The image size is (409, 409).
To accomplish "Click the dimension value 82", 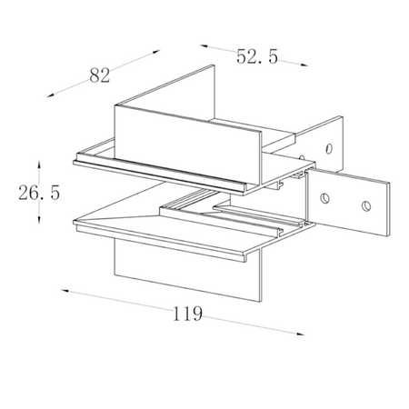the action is (100, 75).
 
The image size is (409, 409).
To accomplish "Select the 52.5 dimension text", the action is (257, 56).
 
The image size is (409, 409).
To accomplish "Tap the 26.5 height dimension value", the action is (39, 193).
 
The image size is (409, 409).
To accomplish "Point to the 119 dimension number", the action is (187, 314).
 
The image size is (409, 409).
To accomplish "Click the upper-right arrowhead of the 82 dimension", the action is (156, 52).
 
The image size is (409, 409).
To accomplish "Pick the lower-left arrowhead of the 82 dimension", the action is (50, 95).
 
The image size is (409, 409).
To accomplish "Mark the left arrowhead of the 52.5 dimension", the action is (204, 46).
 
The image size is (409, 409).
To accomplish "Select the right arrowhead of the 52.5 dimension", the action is (304, 65).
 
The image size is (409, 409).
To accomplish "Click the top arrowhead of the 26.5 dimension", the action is (39, 165).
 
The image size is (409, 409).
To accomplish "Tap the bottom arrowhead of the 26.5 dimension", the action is (39, 220).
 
